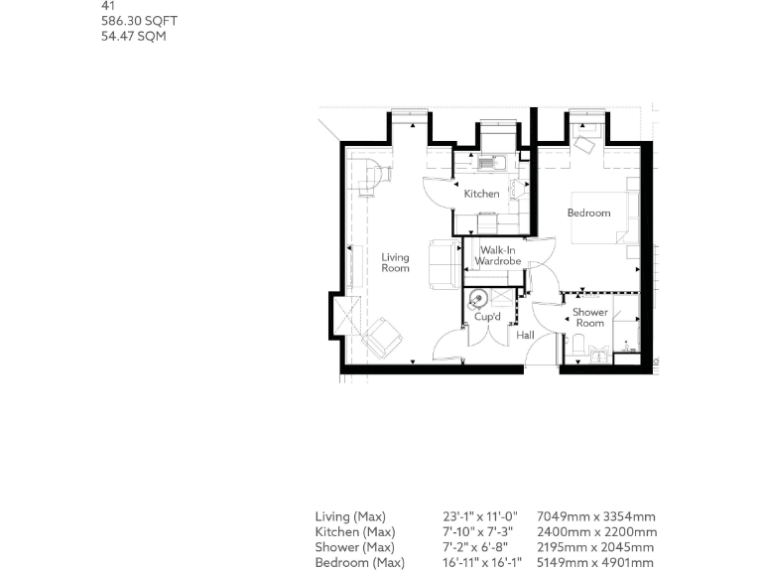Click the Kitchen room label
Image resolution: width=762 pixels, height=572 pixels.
click(481, 194)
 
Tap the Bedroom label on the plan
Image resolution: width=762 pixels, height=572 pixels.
click(588, 213)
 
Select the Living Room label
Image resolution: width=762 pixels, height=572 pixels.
click(395, 263)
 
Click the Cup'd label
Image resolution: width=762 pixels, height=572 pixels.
click(486, 317)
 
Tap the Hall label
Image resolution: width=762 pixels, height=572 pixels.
click(525, 336)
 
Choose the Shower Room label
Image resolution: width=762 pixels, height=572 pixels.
click(590, 318)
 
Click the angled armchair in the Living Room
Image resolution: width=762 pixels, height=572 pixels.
click(380, 339)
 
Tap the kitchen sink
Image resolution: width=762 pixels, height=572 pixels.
click(490, 162)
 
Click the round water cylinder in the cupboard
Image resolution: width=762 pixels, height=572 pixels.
click(478, 296)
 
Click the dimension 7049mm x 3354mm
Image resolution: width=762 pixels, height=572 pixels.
click(595, 516)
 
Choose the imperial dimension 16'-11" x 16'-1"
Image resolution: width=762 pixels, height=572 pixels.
click(482, 563)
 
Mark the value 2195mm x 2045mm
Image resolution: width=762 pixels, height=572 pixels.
click(595, 547)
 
